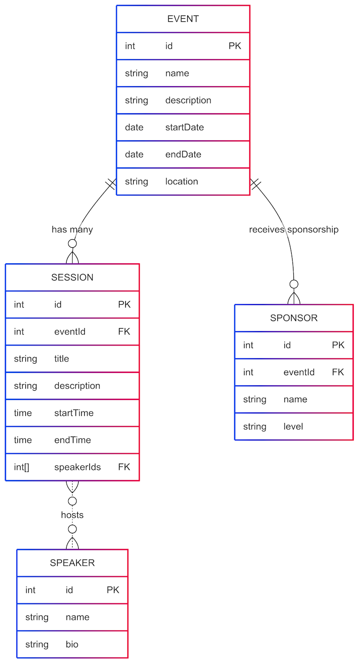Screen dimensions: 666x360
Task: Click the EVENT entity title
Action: [183, 19]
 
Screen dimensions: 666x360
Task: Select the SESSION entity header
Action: [72, 277]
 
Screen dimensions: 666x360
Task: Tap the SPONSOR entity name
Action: [294, 318]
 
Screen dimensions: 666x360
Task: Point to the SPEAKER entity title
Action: [72, 563]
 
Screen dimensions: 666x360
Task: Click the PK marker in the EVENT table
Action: [235, 46]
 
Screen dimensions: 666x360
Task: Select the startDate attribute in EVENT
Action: [184, 127]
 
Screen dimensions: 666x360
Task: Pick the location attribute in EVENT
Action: [182, 182]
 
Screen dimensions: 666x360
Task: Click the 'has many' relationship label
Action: [72, 230]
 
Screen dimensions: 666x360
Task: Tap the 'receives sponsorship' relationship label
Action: [294, 230]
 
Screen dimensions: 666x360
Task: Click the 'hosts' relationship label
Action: [72, 515]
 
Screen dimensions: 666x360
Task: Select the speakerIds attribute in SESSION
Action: [77, 467]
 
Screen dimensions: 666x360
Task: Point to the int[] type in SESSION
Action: [21, 467]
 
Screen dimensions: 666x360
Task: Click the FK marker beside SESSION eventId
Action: [124, 332]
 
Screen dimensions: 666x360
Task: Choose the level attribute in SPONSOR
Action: [293, 427]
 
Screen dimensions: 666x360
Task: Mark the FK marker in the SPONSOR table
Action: [338, 372]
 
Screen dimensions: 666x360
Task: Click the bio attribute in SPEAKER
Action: [72, 644]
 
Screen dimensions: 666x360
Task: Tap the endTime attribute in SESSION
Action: [72, 440]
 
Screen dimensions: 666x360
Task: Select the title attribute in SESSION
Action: [62, 359]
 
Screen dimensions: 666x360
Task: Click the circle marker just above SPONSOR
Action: [294, 284]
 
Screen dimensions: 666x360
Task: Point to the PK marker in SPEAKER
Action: [113, 590]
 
